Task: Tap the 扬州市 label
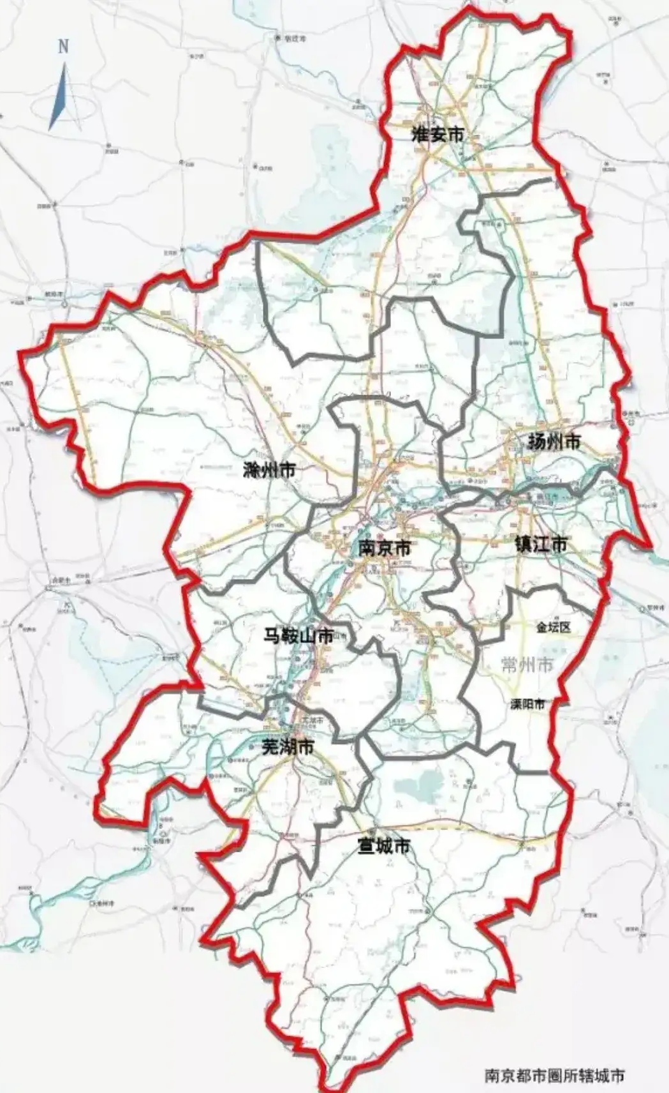(554, 441)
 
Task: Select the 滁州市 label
(270, 471)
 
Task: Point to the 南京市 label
(385, 548)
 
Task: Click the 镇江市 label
(541, 544)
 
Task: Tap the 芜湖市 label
(288, 747)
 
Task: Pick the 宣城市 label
(382, 846)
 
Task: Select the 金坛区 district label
(553, 628)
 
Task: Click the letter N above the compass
(62, 47)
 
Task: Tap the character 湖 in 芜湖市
(288, 747)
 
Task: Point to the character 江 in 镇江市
(541, 544)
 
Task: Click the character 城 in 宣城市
(382, 846)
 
